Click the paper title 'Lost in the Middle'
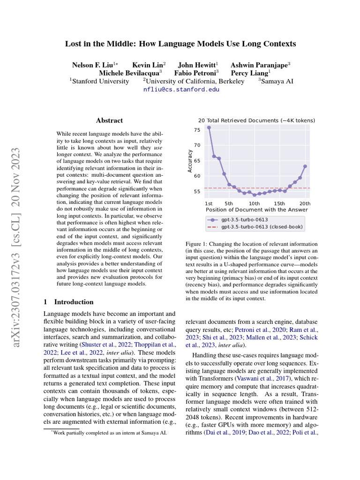[180, 44]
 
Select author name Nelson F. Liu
[93, 65]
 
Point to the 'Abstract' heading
[109, 120]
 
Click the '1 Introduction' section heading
[68, 302]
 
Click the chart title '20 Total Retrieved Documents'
[256, 120]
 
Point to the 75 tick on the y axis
[197, 129]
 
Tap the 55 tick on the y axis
[197, 192]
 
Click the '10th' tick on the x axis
[254, 203]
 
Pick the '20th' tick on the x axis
[305, 203]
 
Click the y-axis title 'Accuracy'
[190, 161]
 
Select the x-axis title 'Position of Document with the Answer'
[256, 210]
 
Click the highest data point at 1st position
[209, 127]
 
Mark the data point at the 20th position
[305, 166]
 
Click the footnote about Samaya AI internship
[109, 433]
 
